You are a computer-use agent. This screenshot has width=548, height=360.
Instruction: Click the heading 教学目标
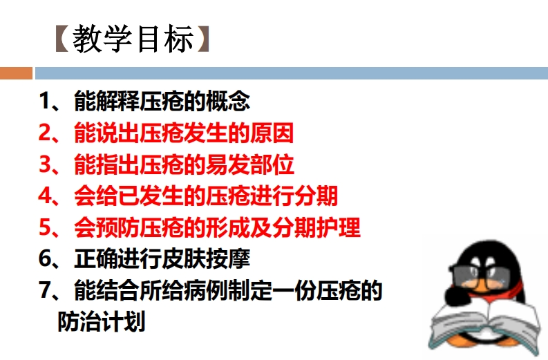(x=133, y=39)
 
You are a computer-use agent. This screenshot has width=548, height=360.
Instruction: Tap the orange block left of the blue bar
(x=16, y=73)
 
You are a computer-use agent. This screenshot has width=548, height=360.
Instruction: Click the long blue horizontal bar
(x=292, y=73)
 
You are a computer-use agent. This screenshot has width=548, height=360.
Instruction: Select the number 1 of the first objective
(x=46, y=101)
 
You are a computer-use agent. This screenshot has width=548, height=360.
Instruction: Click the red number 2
(x=46, y=133)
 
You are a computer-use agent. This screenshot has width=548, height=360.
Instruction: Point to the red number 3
(x=46, y=164)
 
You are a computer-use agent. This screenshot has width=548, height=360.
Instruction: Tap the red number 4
(x=46, y=196)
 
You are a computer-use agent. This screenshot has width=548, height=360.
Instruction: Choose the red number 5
(x=46, y=227)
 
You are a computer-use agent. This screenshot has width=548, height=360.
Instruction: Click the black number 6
(x=46, y=259)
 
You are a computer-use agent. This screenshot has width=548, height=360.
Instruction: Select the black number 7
(x=46, y=290)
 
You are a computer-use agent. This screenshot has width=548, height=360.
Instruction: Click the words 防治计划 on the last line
(x=102, y=322)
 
